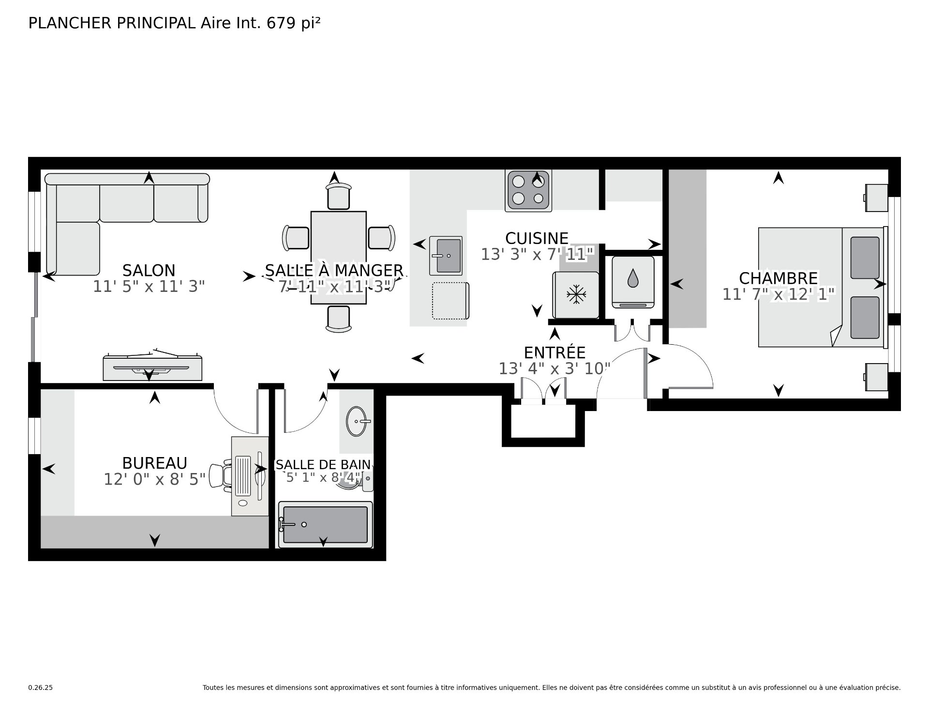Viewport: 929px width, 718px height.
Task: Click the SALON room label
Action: [x=149, y=270]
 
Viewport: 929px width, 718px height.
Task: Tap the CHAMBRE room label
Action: [x=778, y=278]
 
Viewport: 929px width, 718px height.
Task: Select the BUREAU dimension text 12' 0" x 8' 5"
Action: [x=155, y=480]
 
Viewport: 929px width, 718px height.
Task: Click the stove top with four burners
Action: [x=528, y=190]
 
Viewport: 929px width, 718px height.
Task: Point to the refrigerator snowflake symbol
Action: [x=575, y=294]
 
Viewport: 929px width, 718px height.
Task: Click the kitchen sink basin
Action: [x=448, y=255]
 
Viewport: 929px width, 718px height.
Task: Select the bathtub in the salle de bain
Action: [x=325, y=524]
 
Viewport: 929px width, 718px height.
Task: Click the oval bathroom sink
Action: [x=358, y=421]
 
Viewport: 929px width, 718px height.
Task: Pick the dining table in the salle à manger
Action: [x=338, y=258]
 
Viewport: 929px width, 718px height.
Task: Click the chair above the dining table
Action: [x=338, y=196]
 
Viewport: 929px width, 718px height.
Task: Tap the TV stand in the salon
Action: [x=152, y=368]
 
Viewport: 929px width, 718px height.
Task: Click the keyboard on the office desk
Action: [x=243, y=475]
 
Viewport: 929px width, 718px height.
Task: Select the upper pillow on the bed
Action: [x=865, y=258]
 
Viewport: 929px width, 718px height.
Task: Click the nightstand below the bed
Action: [x=876, y=377]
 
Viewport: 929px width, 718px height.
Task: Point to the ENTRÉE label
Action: [x=554, y=352]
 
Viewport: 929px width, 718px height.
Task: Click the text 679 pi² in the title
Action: [x=293, y=23]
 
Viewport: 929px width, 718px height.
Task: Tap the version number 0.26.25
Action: [x=40, y=701]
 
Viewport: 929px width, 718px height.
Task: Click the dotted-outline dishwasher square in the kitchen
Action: [x=450, y=301]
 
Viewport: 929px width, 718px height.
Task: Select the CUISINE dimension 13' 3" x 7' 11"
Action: [x=537, y=254]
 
